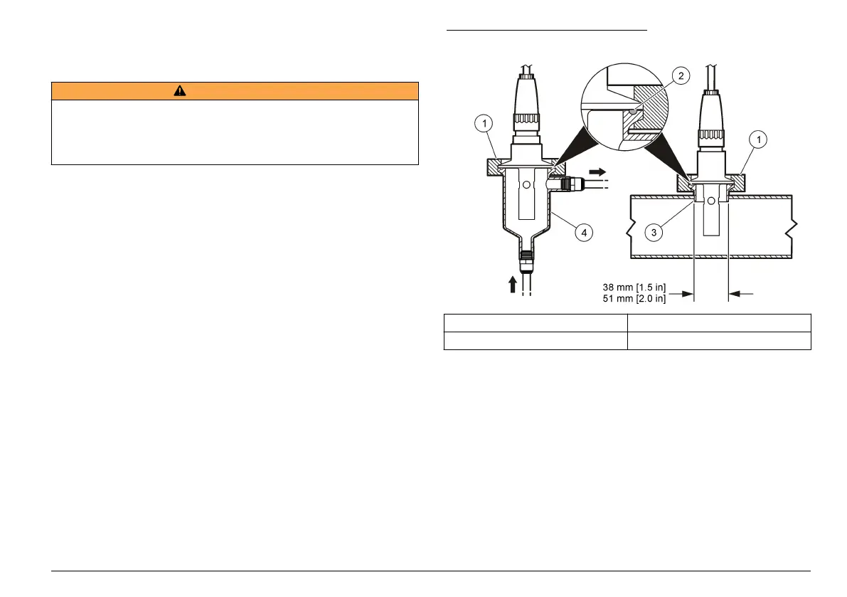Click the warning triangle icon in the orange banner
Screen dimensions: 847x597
[x=180, y=91]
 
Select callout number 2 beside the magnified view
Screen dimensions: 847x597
[x=681, y=75]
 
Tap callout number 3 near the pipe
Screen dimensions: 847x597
[x=654, y=233]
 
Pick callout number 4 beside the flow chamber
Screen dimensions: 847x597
[x=584, y=233]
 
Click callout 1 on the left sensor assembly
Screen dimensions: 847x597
[x=484, y=124]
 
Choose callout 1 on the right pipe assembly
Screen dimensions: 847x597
[x=758, y=140]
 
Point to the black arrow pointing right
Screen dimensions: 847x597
[x=597, y=171]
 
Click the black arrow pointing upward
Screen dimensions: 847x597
[x=513, y=284]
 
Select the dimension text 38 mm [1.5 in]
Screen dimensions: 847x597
[x=634, y=287]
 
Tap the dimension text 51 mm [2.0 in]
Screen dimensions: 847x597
[x=634, y=298]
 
